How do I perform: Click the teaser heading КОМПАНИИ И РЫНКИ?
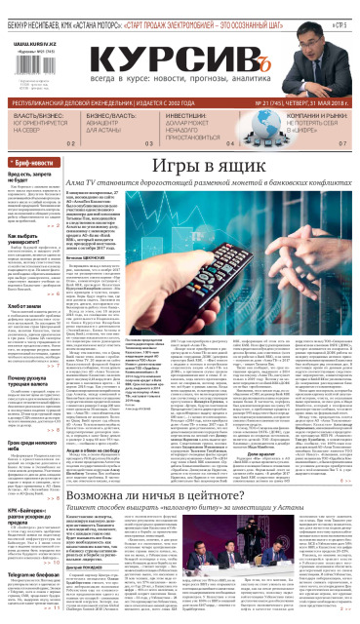[x=302, y=113]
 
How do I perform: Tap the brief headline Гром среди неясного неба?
[x=30, y=415]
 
